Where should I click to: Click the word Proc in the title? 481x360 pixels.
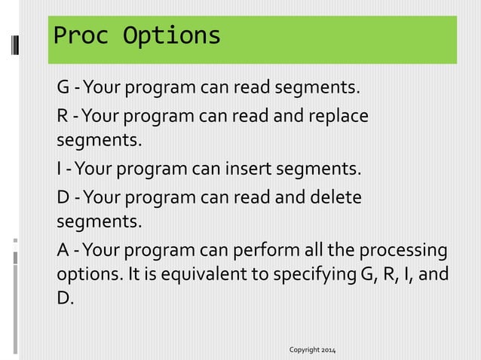coord(78,35)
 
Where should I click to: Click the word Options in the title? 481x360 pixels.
coord(167,35)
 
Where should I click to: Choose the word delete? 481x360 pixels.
coord(332,197)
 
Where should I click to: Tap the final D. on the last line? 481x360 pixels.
coord(66,298)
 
